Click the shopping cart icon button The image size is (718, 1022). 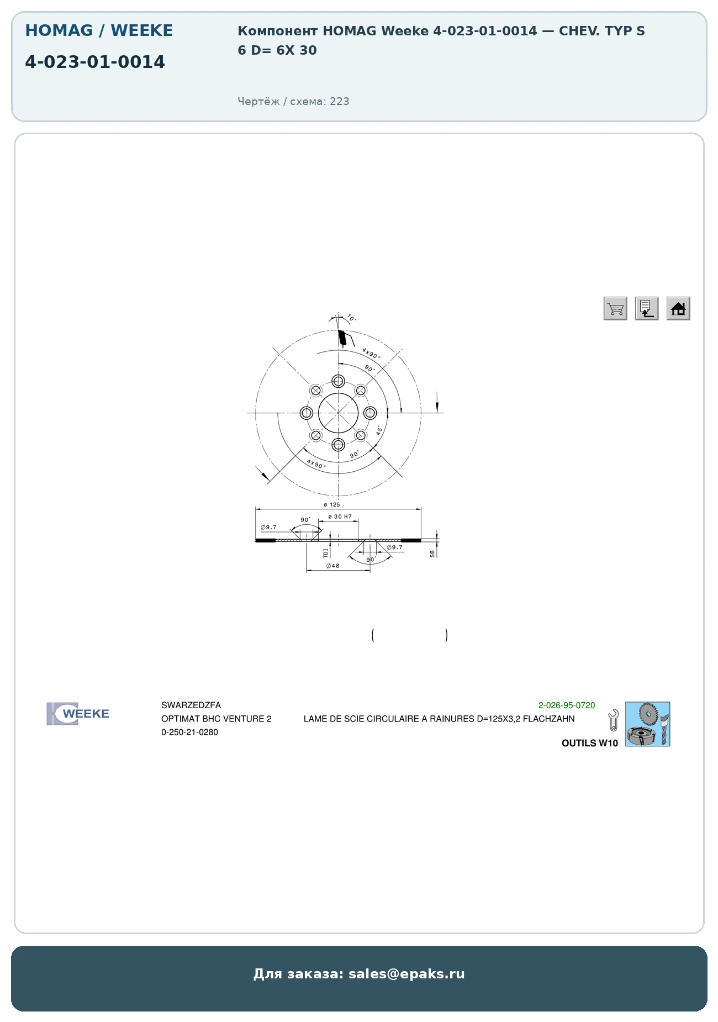coord(615,308)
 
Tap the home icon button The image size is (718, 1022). coord(678,308)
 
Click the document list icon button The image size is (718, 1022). coord(647,308)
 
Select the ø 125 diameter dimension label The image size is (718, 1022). coord(332,504)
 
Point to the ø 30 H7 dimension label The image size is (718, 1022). coord(340,517)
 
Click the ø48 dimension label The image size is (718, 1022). coord(333,566)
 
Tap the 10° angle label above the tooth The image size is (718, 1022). coord(351,318)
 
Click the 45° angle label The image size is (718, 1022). coord(379,430)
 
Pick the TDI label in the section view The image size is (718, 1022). coord(326,552)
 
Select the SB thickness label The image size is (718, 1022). coord(432,554)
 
